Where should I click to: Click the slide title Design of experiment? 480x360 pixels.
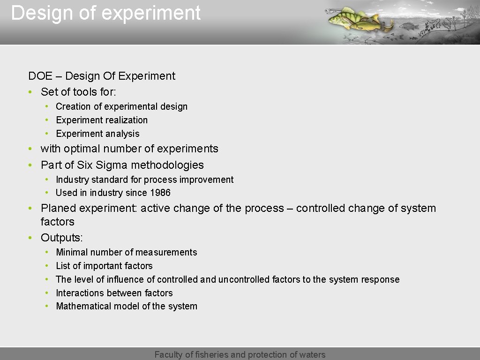click(106, 13)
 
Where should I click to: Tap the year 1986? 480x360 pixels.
click(160, 193)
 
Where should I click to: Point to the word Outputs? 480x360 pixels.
click(61, 238)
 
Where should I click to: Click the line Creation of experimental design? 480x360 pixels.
click(121, 106)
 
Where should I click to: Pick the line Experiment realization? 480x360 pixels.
click(102, 120)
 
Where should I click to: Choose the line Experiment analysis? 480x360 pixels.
click(97, 134)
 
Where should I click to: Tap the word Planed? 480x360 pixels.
click(59, 208)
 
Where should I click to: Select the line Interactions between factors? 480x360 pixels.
click(114, 293)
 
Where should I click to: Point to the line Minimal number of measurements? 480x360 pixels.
click(126, 252)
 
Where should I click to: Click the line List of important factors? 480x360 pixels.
click(104, 266)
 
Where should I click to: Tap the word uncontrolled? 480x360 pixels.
click(244, 279)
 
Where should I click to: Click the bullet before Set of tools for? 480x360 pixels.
click(30, 92)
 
